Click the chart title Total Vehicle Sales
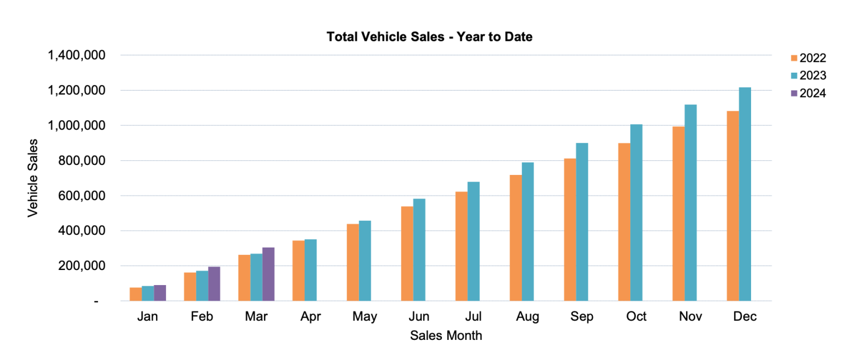point(429,37)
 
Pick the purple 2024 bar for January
point(160,293)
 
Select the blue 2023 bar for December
point(745,194)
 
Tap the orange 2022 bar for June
point(407,254)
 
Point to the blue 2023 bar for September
point(582,222)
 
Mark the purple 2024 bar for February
point(214,284)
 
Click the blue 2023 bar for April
point(310,270)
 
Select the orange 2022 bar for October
point(624,222)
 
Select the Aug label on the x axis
point(527,317)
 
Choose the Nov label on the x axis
point(691,317)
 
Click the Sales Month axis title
point(446,336)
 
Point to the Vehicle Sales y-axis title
point(33,178)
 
